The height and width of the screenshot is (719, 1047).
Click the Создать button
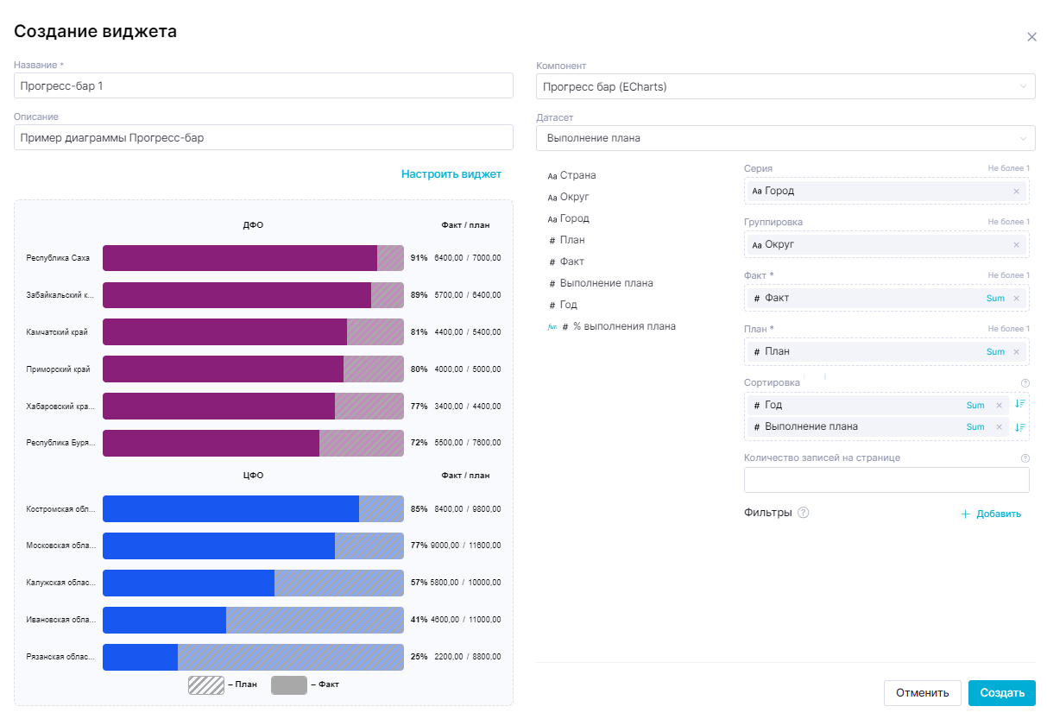1001,692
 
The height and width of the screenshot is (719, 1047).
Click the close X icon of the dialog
1031,37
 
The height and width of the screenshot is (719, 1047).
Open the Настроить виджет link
451,174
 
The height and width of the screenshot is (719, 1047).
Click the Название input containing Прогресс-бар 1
263,86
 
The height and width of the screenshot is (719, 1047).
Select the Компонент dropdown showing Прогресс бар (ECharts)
785,86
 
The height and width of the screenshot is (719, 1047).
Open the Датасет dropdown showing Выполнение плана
785,138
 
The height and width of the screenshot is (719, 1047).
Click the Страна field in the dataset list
577,175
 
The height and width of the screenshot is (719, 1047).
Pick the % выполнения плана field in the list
624,326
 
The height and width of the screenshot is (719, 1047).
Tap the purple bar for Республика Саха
240,258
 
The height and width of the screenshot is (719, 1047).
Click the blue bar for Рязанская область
140,657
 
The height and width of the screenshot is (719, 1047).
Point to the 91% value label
419,258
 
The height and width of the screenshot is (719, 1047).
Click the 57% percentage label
419,583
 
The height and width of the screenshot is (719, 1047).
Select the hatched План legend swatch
206,685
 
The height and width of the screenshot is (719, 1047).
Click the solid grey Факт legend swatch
288,685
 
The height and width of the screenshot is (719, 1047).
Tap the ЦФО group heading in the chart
253,476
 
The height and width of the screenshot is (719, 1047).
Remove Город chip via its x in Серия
1016,192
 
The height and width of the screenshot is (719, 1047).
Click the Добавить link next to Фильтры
991,514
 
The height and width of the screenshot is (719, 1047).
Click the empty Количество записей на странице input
886,480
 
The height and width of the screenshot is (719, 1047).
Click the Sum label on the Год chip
975,406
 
